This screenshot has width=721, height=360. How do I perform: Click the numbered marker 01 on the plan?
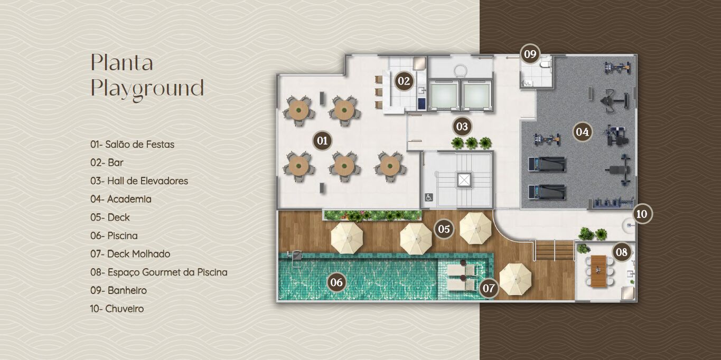pyautogui.click(x=322, y=140)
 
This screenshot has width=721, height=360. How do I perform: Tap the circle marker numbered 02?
pyautogui.click(x=404, y=81)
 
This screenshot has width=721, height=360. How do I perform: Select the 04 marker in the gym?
pyautogui.click(x=582, y=132)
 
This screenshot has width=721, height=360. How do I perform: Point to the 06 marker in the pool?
pyautogui.click(x=336, y=282)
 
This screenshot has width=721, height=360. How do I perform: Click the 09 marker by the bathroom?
pyautogui.click(x=530, y=54)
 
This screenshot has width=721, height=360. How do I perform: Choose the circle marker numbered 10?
pyautogui.click(x=642, y=214)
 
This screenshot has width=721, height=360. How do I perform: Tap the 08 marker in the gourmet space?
pyautogui.click(x=622, y=252)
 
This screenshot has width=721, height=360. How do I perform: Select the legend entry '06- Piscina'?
pyautogui.click(x=114, y=235)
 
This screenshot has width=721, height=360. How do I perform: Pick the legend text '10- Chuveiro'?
pyautogui.click(x=117, y=309)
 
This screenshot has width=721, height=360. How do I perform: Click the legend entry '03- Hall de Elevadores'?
pyautogui.click(x=139, y=181)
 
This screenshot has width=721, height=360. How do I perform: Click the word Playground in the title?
pyautogui.click(x=147, y=88)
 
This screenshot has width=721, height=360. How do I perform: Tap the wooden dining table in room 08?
pyautogui.click(x=598, y=271)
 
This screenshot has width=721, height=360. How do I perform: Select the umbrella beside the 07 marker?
pyautogui.click(x=515, y=279)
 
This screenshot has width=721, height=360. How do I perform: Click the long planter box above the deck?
pyautogui.click(x=372, y=215)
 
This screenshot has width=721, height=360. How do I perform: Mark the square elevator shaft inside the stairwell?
pyautogui.click(x=464, y=180)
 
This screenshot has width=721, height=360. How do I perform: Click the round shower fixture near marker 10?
pyautogui.click(x=627, y=224)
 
